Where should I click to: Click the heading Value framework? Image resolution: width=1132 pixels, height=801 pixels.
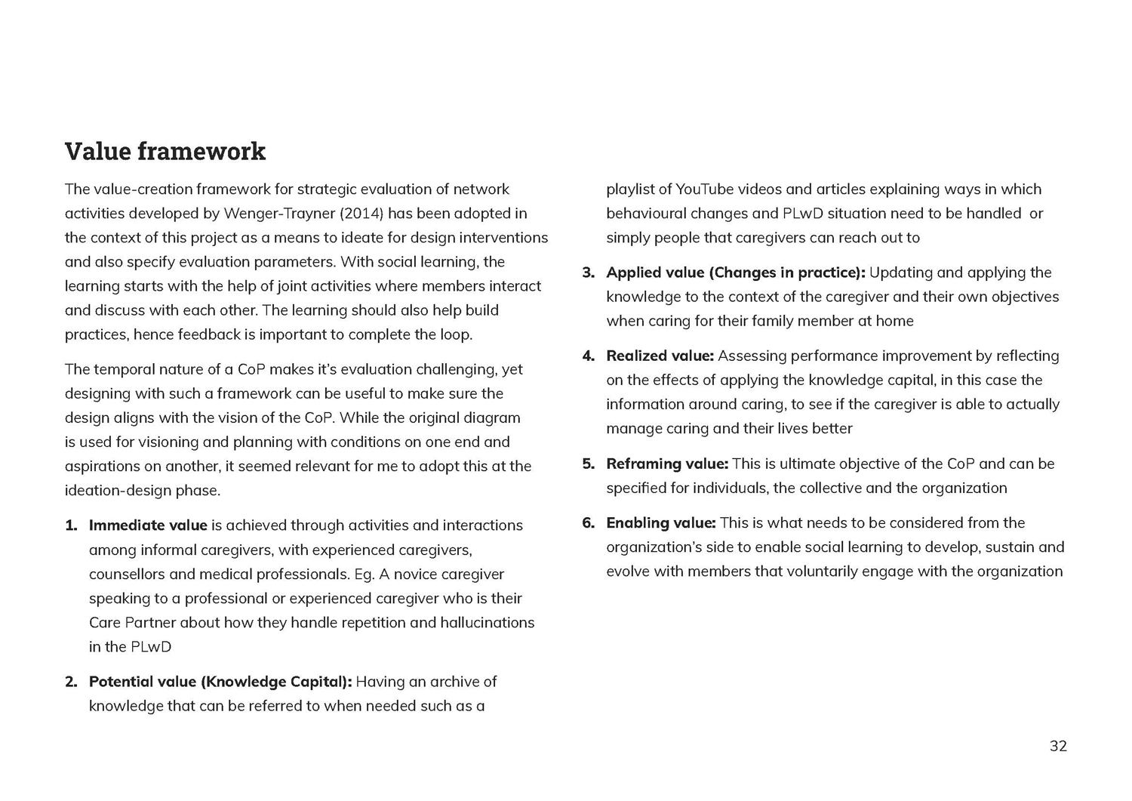[x=165, y=152]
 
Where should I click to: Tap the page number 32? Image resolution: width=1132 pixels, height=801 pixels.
[x=1058, y=746]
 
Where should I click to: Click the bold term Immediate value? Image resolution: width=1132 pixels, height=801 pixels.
[x=148, y=525]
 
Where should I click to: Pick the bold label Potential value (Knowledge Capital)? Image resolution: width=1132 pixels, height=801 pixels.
[x=220, y=682]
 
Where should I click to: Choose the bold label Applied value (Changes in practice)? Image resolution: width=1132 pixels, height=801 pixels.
[x=736, y=273]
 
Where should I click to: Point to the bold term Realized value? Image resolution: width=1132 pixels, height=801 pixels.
[x=660, y=356]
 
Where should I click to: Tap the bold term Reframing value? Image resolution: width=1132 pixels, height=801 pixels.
[x=667, y=464]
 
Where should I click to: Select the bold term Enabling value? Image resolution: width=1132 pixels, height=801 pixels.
[x=661, y=522]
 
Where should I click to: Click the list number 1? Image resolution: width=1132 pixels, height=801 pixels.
[x=71, y=525]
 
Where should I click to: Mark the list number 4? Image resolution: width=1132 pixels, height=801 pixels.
[x=589, y=356]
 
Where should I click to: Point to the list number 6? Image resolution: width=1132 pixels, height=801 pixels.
[x=589, y=522]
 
